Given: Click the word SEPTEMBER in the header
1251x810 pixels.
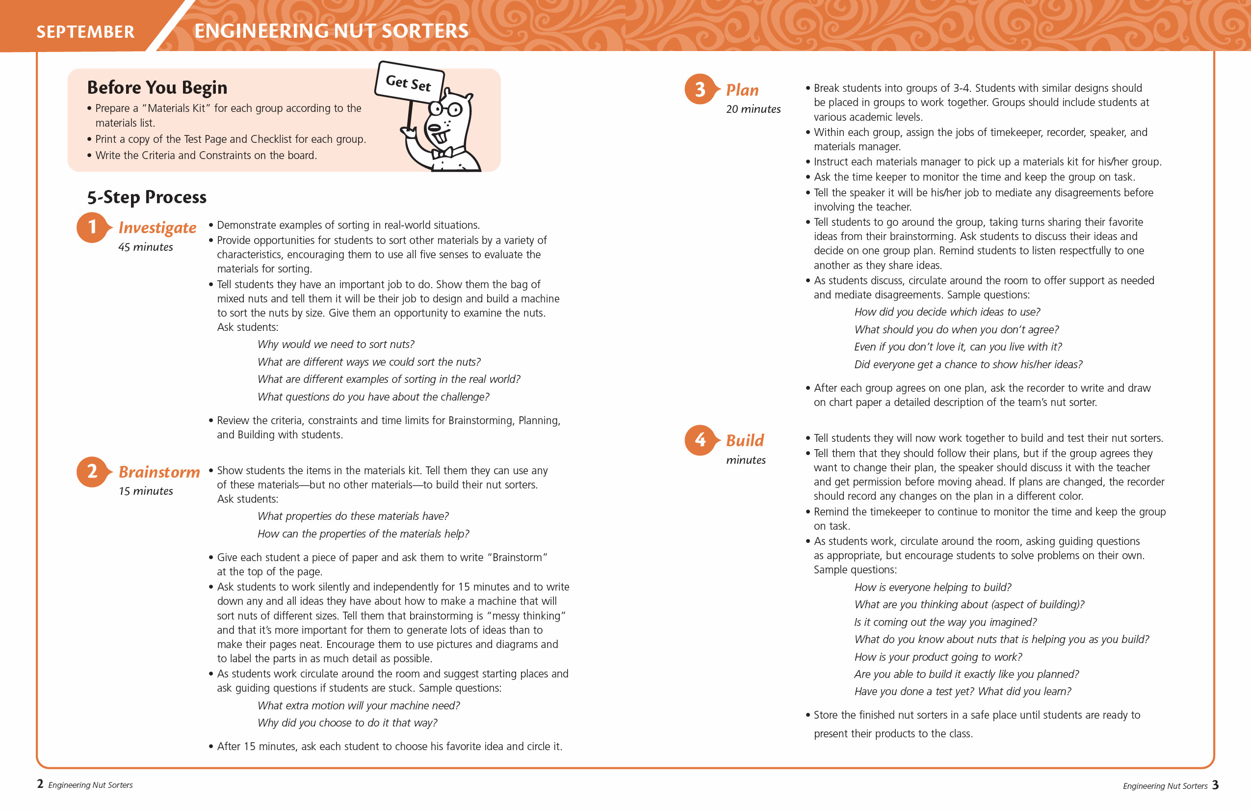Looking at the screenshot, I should [x=85, y=32].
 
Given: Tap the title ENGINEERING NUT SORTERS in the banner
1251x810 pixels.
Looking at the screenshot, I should [x=331, y=31].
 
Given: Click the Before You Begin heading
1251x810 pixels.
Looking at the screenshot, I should [x=157, y=87].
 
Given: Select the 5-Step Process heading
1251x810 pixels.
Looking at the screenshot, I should [x=147, y=197].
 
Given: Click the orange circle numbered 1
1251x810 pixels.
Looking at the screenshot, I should [x=92, y=227].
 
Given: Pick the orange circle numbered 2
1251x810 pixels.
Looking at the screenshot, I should [x=92, y=471].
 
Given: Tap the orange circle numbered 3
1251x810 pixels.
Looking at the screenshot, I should [x=700, y=89].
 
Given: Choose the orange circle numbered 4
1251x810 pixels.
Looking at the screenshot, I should [x=700, y=440].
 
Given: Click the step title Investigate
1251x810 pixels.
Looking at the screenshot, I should [x=157, y=227].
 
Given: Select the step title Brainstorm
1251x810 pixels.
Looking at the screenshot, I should [x=159, y=472].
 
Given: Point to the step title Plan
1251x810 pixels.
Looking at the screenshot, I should [x=742, y=90].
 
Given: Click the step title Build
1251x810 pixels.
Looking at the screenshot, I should [x=745, y=440].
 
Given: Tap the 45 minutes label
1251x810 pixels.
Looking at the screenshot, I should [x=146, y=247].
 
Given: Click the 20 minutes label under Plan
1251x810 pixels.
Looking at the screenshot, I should [x=753, y=109].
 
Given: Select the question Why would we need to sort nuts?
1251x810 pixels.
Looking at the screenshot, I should [x=336, y=345].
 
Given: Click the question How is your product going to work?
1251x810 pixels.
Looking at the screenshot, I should [x=938, y=657].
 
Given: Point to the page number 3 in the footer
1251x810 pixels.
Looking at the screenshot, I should [x=1215, y=785].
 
